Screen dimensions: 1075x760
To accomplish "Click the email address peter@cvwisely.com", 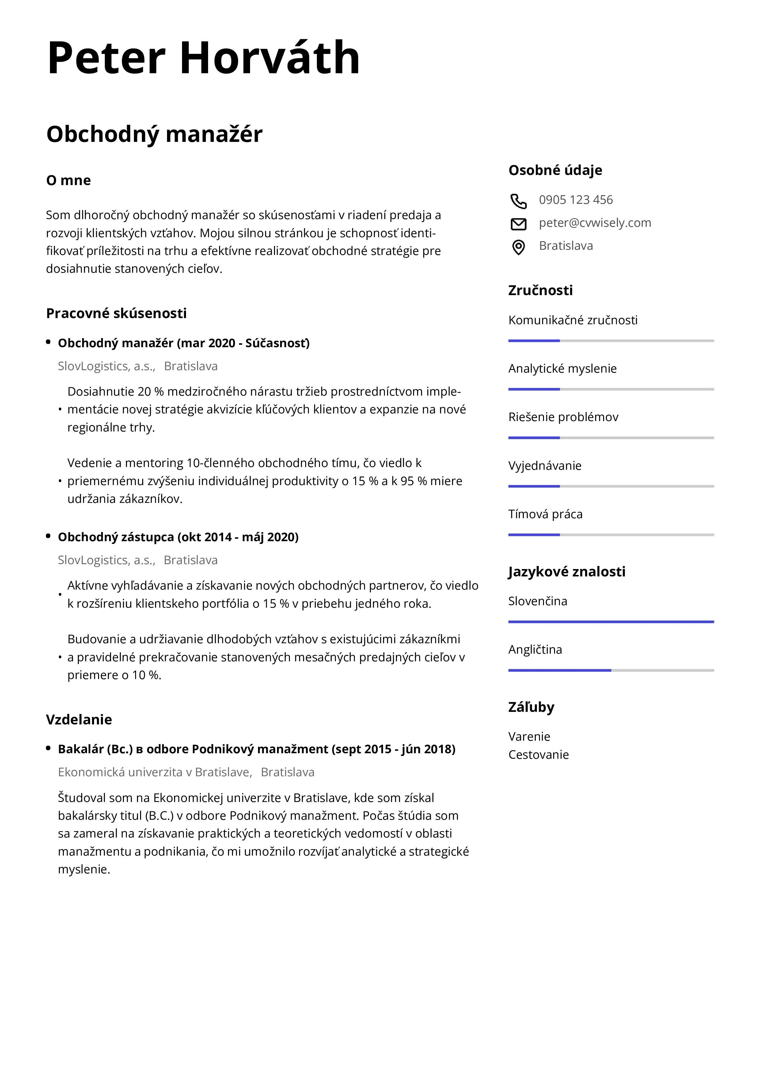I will [x=595, y=223].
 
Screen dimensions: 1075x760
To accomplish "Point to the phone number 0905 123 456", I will [x=576, y=200].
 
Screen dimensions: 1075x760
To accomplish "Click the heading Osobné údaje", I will [x=555, y=170].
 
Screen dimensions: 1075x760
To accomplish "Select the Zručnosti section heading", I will [x=540, y=290].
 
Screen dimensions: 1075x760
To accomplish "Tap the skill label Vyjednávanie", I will [x=545, y=466].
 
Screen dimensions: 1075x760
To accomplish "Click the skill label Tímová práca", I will [x=545, y=514].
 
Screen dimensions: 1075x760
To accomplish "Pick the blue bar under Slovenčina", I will [x=611, y=622].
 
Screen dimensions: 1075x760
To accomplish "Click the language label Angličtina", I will [x=535, y=649].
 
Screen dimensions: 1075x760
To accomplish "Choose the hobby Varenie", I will [x=529, y=736].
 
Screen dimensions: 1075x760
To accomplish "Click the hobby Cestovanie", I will [x=538, y=755].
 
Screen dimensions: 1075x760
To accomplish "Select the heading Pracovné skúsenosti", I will [x=116, y=313].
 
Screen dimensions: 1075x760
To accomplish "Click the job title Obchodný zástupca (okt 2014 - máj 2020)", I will [x=178, y=537].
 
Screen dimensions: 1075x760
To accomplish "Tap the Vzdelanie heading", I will [x=79, y=720].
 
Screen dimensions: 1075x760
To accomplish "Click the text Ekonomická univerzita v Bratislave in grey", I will [x=154, y=772].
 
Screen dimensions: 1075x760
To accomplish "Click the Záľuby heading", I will [x=531, y=707].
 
